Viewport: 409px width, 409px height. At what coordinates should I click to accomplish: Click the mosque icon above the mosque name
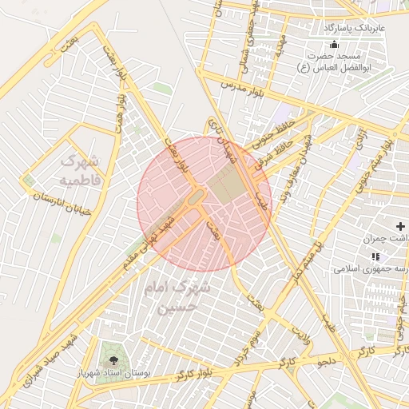click(x=334, y=43)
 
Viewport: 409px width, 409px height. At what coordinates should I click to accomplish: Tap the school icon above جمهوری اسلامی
click(x=375, y=256)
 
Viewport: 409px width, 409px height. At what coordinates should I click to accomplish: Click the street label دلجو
click(x=330, y=361)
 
